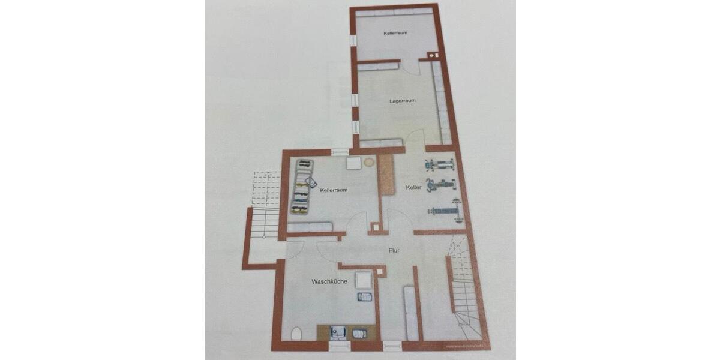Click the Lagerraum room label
pyautogui.click(x=403, y=101)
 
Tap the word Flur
pyautogui.click(x=394, y=251)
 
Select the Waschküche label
pyautogui.click(x=329, y=281)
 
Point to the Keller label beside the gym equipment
pyautogui.click(x=413, y=188)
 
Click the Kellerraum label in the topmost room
pyautogui.click(x=395, y=33)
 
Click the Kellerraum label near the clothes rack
pyautogui.click(x=334, y=190)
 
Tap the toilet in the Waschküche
pyautogui.click(x=295, y=334)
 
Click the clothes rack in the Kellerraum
pyautogui.click(x=301, y=187)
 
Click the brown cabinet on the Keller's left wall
pyautogui.click(x=386, y=174)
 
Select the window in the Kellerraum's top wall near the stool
pyautogui.click(x=340, y=152)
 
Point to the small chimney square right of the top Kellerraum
pyautogui.click(x=432, y=56)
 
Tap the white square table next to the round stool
pyautogui.click(x=353, y=163)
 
